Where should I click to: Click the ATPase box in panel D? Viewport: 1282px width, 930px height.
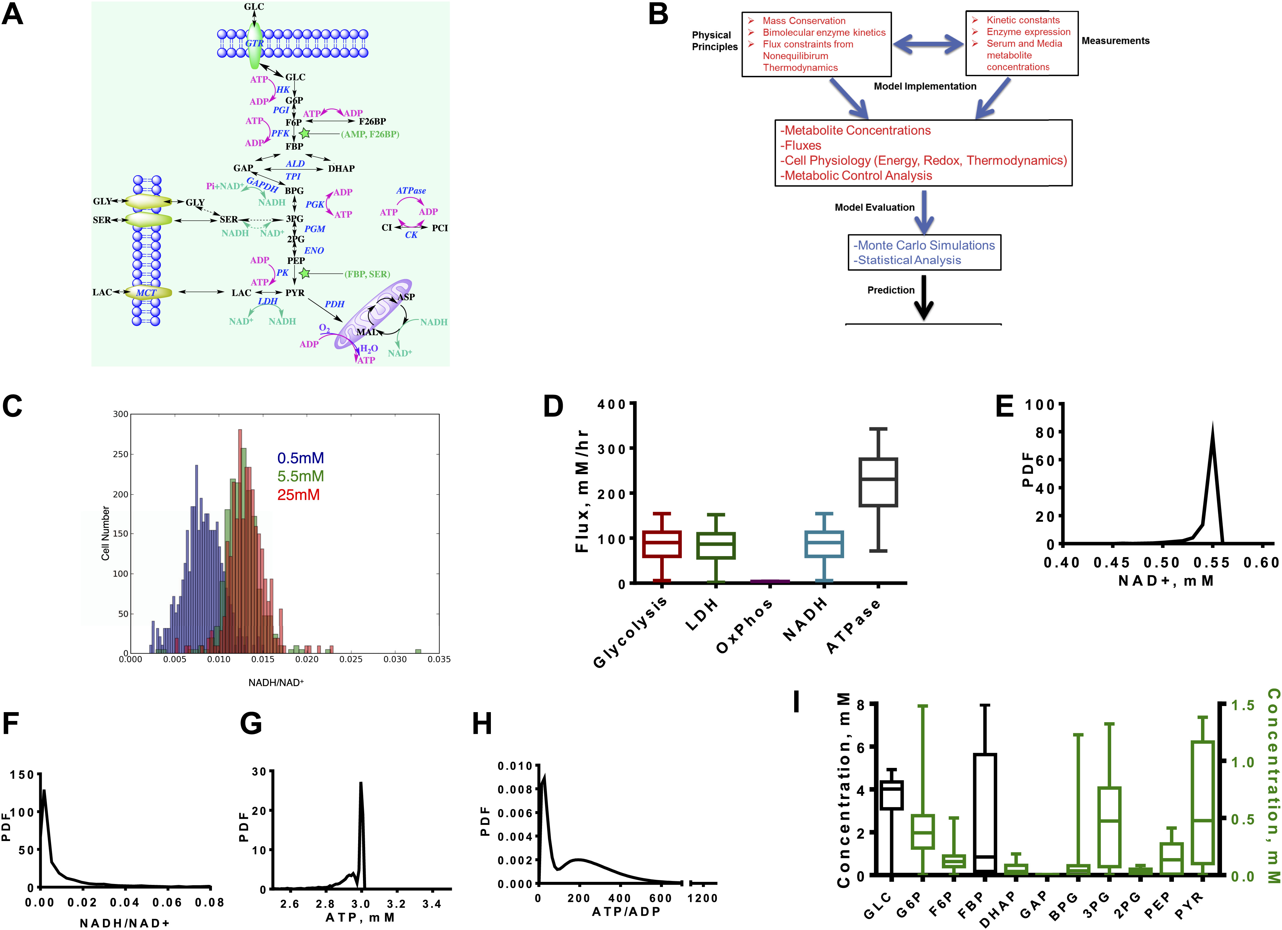878,482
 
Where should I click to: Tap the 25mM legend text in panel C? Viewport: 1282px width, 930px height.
298,495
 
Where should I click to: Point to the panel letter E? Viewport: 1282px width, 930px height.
1005,406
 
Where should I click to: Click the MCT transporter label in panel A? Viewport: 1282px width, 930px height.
146,293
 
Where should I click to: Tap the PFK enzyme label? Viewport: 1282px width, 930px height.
280,133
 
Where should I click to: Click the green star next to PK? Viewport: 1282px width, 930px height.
305,274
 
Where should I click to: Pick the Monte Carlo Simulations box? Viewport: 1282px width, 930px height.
924,252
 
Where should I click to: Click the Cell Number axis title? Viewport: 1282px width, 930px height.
105,534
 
